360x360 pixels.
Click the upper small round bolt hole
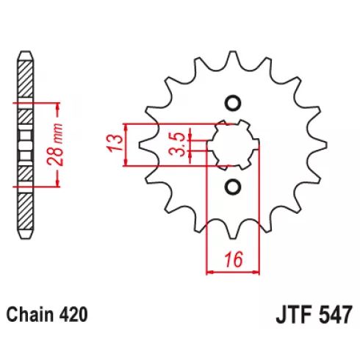pyautogui.click(x=232, y=103)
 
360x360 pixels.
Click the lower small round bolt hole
pyautogui.click(x=232, y=187)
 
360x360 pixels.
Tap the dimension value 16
pyautogui.click(x=234, y=259)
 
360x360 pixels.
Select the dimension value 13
pyautogui.click(x=115, y=143)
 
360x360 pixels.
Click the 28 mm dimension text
pyautogui.click(x=55, y=145)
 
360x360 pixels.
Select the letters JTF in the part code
pyautogui.click(x=293, y=315)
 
